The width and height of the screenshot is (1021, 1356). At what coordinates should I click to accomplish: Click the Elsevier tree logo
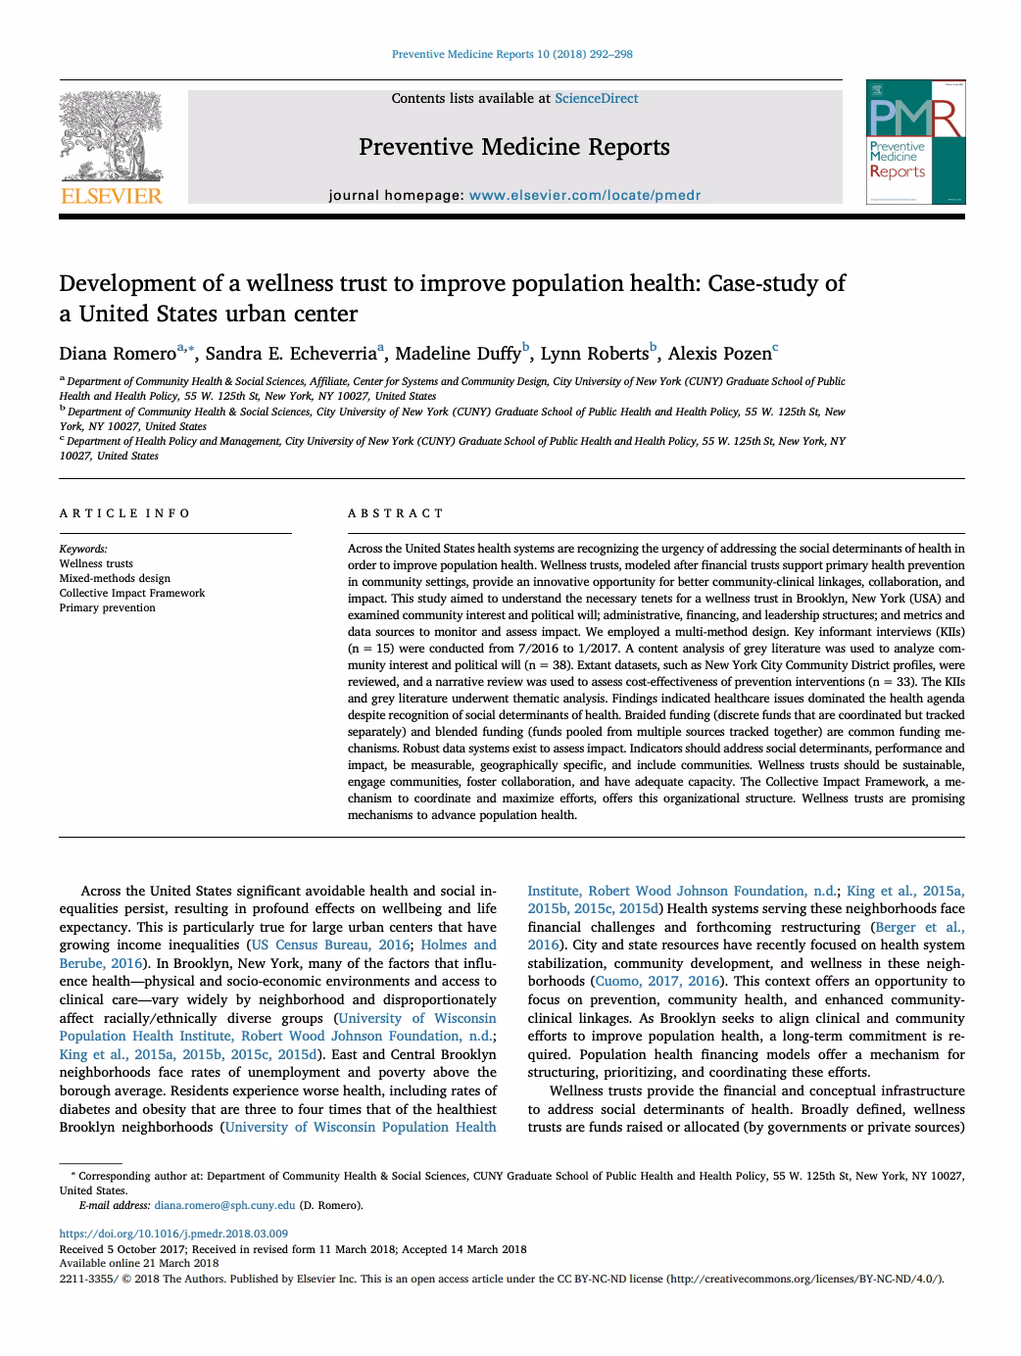pyautogui.click(x=111, y=147)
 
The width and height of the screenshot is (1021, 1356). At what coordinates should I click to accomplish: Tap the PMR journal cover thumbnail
pyautogui.click(x=914, y=144)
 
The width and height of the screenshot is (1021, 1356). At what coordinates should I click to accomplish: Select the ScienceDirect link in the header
pyautogui.click(x=596, y=98)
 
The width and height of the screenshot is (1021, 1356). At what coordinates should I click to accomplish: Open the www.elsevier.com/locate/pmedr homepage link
pyautogui.click(x=585, y=195)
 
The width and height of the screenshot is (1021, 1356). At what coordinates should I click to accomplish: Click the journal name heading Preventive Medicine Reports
pyautogui.click(x=513, y=147)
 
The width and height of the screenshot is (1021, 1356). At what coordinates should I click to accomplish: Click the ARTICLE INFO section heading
pyautogui.click(x=124, y=513)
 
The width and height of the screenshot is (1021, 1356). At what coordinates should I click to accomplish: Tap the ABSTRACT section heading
pyautogui.click(x=396, y=513)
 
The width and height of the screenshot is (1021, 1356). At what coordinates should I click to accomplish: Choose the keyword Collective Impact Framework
pyautogui.click(x=132, y=593)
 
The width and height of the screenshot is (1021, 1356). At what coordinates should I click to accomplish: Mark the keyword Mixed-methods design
pyautogui.click(x=115, y=578)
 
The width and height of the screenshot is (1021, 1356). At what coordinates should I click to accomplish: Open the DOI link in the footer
pyautogui.click(x=173, y=1234)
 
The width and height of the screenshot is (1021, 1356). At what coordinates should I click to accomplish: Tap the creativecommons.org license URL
pyautogui.click(x=804, y=1279)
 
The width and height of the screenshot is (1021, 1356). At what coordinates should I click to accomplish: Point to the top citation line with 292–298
pyautogui.click(x=511, y=54)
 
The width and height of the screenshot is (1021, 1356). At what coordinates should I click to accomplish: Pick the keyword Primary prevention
pyautogui.click(x=107, y=607)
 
